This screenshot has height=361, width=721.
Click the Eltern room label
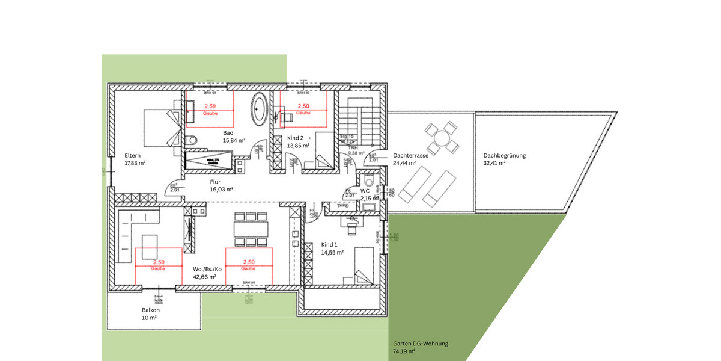point(132,155)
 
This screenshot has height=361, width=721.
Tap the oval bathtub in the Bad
point(260,110)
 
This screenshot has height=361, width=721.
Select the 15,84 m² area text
point(234,140)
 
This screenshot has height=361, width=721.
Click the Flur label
point(216,181)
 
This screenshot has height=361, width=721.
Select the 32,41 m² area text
point(494,163)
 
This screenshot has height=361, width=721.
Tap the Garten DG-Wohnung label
point(421,344)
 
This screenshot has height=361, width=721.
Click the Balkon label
point(150,310)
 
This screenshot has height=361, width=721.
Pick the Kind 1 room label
point(330,245)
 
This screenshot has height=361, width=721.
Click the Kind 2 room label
point(296,138)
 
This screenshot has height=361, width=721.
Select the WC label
point(364,191)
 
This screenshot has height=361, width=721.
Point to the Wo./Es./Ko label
point(207,269)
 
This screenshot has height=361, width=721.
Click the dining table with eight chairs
point(251,229)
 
